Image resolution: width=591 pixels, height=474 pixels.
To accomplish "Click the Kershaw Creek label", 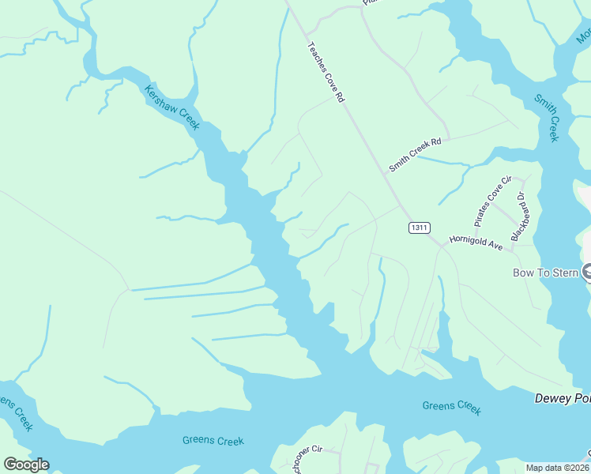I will [171, 107].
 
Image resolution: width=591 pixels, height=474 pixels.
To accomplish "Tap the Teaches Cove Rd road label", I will [327, 73].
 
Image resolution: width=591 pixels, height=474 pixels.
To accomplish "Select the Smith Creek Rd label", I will [413, 155].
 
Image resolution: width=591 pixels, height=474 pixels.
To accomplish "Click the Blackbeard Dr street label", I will [520, 216].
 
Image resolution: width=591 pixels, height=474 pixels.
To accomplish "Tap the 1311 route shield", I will [419, 228].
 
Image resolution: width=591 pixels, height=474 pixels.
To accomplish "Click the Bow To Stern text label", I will [546, 273].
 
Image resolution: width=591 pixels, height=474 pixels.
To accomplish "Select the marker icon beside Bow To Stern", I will [587, 273].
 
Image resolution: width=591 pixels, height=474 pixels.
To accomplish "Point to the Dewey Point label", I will [562, 398].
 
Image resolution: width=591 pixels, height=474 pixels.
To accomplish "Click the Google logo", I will [26, 465].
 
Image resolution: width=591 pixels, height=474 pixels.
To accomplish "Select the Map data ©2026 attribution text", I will [556, 468].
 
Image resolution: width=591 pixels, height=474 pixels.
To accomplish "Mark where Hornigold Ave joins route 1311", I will [441, 246].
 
